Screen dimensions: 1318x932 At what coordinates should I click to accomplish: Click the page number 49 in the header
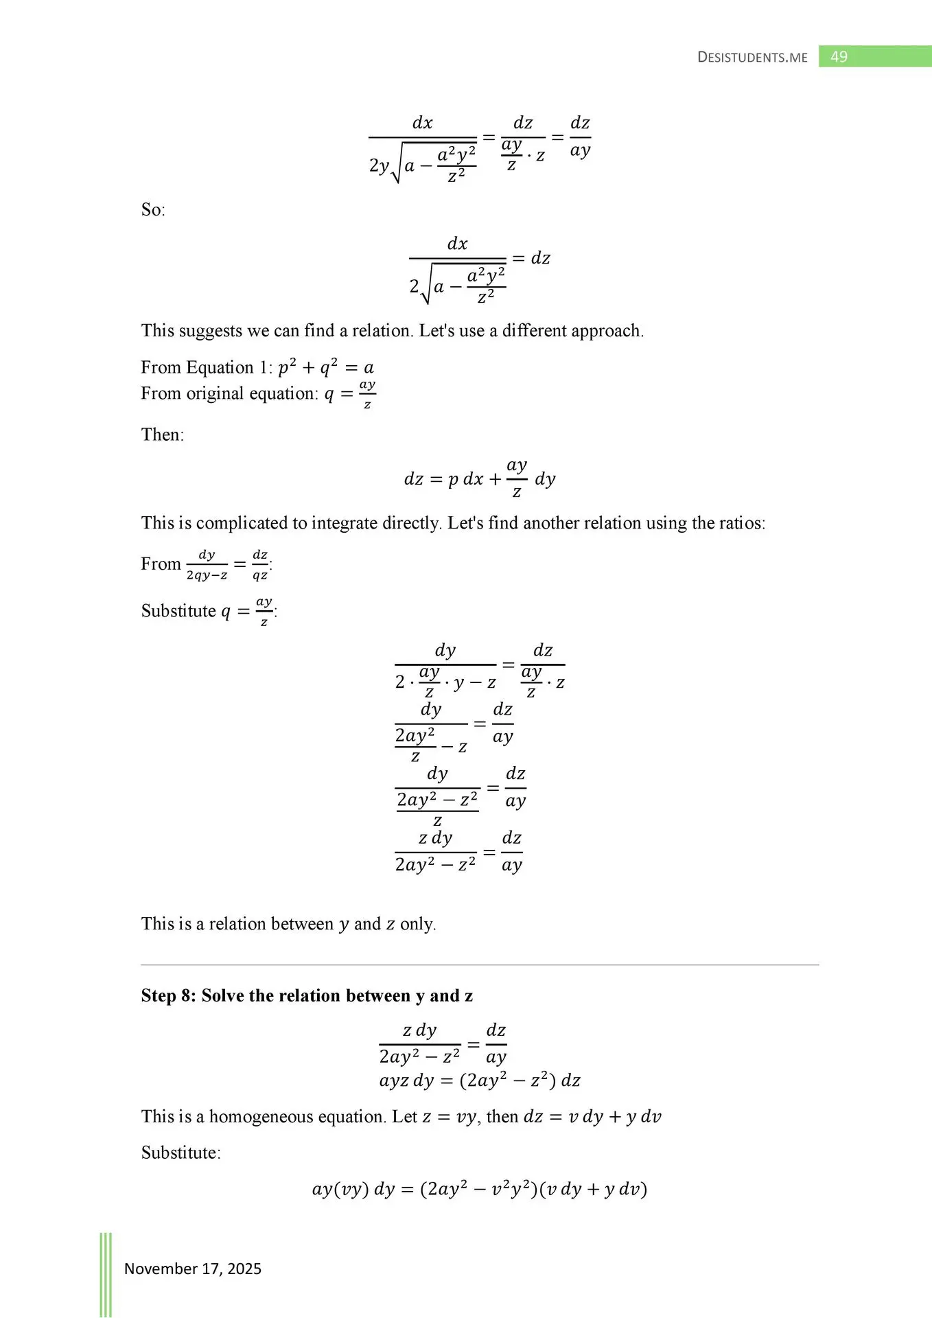pyautogui.click(x=839, y=56)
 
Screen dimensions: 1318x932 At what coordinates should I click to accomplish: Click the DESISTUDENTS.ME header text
pyautogui.click(x=752, y=57)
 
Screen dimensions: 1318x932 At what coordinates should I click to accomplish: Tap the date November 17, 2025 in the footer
pyautogui.click(x=193, y=1269)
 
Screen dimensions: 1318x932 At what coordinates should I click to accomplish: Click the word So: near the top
pyautogui.click(x=153, y=209)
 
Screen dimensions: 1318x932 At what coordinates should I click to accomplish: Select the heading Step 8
pyautogui.click(x=307, y=995)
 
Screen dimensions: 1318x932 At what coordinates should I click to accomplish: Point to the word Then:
pyautogui.click(x=163, y=435)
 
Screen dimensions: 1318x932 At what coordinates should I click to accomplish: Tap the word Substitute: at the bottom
pyautogui.click(x=181, y=1153)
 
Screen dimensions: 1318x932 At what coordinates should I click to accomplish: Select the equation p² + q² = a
pyautogui.click(x=326, y=368)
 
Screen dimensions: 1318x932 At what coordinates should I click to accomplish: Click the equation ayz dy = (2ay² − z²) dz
pyautogui.click(x=480, y=1080)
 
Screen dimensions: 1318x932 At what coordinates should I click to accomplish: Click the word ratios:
pyautogui.click(x=742, y=523)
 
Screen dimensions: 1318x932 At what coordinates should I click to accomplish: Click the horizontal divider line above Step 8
pyautogui.click(x=480, y=965)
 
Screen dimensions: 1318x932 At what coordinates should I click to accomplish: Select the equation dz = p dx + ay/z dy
pyautogui.click(x=480, y=478)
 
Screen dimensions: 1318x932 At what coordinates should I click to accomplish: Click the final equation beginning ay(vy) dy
pyautogui.click(x=480, y=1189)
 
